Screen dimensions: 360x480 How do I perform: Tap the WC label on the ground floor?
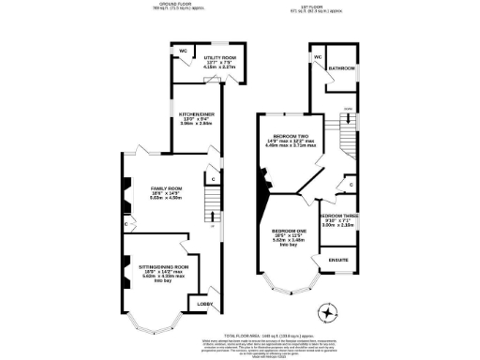point(184,51)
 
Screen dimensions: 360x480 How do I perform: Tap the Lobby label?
point(205,305)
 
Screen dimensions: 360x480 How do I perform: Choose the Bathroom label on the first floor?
point(341,68)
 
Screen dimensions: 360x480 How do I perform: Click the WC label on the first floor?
point(318,58)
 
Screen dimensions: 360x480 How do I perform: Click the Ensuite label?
point(337,260)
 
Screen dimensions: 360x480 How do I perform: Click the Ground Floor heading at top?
point(171,6)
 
